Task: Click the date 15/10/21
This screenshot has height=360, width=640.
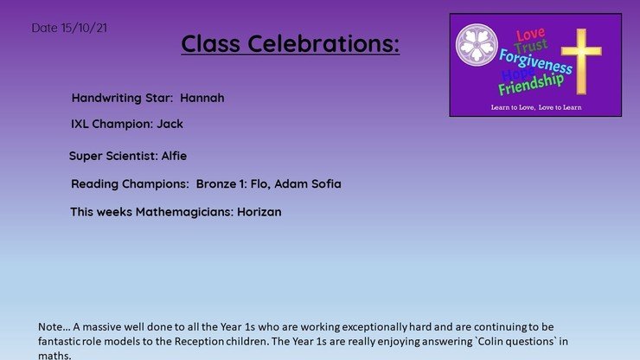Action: (84, 28)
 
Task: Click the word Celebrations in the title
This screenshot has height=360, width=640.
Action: (323, 43)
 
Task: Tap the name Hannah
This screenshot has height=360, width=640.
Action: (202, 98)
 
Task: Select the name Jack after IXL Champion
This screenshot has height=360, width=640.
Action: (170, 124)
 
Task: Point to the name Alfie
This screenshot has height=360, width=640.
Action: (175, 156)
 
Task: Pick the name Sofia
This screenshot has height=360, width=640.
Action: (326, 183)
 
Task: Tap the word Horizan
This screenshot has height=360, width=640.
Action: (259, 212)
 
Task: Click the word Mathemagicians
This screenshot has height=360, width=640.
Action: (184, 212)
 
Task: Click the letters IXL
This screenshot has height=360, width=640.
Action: (80, 124)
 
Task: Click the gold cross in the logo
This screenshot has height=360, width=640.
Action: (581, 61)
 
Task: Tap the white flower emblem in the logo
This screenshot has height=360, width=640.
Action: (477, 44)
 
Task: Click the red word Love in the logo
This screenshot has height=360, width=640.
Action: (530, 35)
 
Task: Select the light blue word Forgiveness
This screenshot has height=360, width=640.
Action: (535, 61)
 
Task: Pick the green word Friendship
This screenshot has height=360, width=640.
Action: (531, 84)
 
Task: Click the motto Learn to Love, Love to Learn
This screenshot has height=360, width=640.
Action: (536, 107)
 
